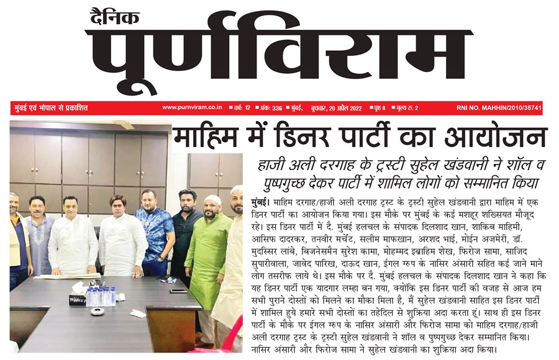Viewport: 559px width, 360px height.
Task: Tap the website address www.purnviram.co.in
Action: point(193,108)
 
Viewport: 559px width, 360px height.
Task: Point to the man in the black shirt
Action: point(185,230)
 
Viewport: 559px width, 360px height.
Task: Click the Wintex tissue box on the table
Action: point(78,298)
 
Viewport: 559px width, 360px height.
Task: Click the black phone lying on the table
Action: point(178,291)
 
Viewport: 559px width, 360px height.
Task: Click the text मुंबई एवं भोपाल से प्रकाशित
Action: point(51,108)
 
